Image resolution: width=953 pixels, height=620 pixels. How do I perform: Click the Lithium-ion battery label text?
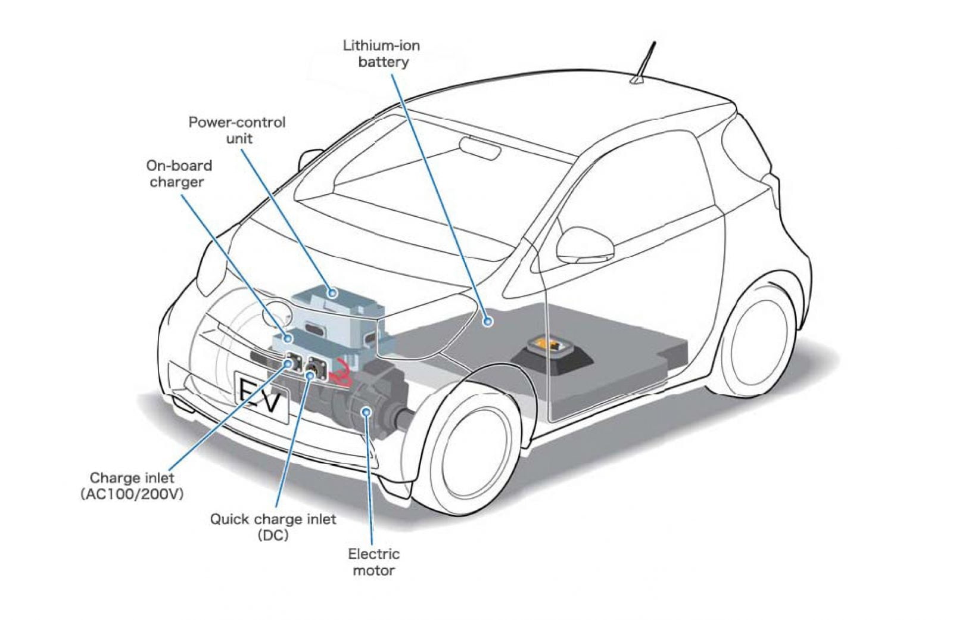click(x=382, y=54)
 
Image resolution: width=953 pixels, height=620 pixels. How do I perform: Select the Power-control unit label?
click(x=237, y=130)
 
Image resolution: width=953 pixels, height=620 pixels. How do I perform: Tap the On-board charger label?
click(x=179, y=173)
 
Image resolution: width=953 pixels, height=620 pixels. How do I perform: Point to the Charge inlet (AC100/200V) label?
click(x=132, y=485)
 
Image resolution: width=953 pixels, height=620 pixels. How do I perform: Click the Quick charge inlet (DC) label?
click(x=273, y=526)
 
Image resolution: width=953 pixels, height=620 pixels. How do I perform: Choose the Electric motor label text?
click(x=373, y=562)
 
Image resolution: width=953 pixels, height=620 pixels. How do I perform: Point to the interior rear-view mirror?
click(x=480, y=147)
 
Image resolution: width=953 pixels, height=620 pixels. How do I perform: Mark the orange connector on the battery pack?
click(x=548, y=345)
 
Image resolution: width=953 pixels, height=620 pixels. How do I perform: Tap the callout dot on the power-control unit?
click(x=333, y=292)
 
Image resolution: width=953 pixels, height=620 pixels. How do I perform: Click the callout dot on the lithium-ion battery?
click(x=488, y=321)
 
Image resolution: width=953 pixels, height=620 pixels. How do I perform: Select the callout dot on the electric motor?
click(x=366, y=411)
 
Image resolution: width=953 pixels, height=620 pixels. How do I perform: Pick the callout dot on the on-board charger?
click(x=289, y=338)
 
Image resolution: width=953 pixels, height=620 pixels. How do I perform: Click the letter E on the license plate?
click(x=249, y=392)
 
